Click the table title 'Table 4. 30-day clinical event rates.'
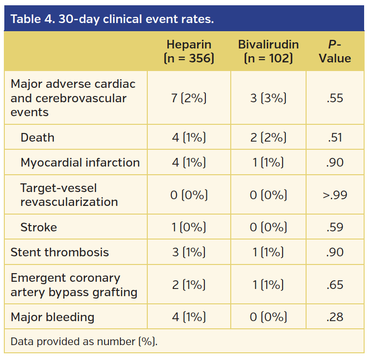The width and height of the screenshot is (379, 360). (112, 19)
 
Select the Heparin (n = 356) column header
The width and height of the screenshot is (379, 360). (189, 51)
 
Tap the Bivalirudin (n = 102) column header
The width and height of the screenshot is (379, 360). (268, 51)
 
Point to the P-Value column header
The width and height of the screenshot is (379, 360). (335, 51)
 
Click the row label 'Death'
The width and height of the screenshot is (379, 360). (37, 138)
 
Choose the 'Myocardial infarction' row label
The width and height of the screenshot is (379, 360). (80, 163)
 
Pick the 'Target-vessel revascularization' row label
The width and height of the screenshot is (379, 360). (69, 195)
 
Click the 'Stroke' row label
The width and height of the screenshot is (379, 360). (38, 227)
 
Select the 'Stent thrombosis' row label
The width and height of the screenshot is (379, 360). (59, 252)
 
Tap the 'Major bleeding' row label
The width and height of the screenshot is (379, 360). (52, 317)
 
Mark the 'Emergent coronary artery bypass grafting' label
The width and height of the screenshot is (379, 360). (74, 285)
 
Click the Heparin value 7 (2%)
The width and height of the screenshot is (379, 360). (189, 98)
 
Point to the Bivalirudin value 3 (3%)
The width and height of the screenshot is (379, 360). (268, 98)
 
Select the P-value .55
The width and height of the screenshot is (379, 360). (335, 98)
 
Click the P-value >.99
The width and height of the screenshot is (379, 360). (335, 195)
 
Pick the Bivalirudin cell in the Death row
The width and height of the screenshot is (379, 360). (268, 138)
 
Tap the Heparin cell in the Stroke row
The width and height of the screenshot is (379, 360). (189, 227)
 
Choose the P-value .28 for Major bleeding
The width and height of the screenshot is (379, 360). (335, 317)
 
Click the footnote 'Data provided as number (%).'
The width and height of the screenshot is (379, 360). (84, 342)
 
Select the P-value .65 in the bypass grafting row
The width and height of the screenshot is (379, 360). (335, 285)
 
